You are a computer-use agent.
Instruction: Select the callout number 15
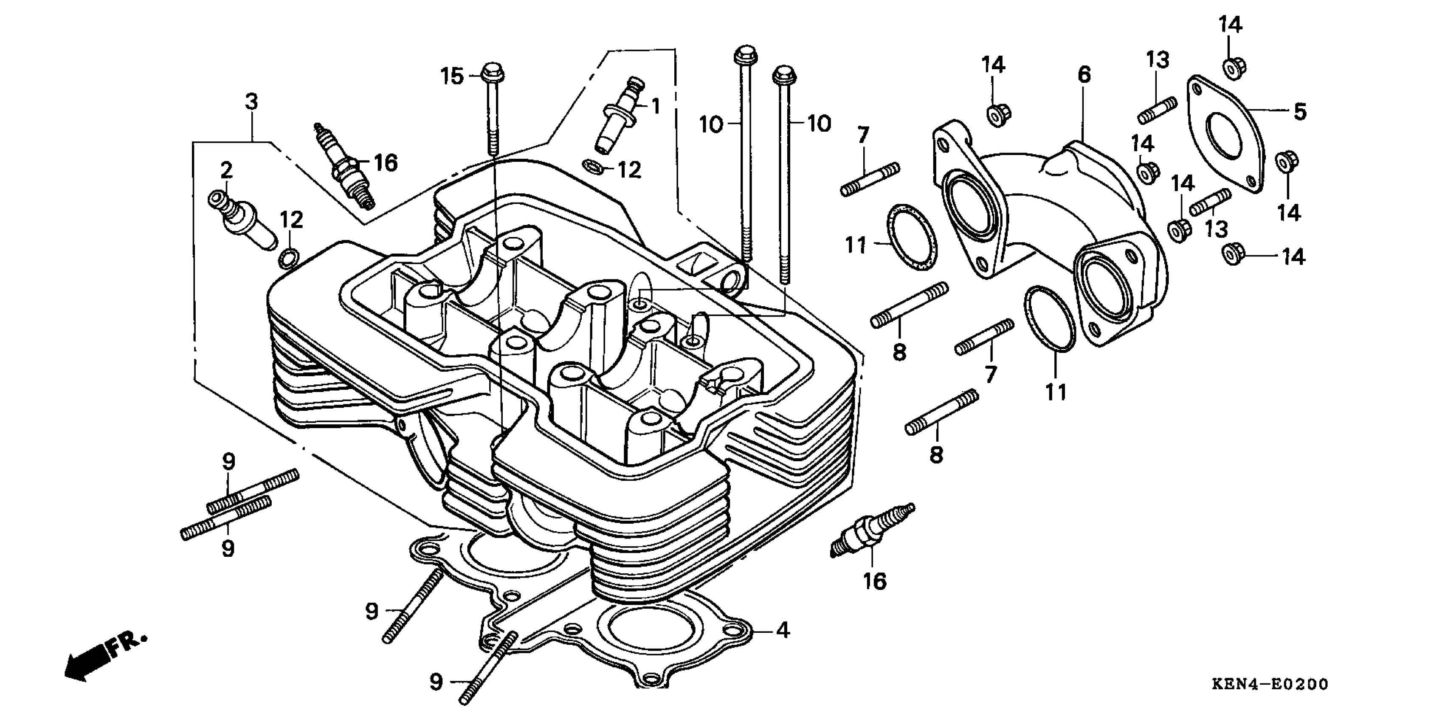coord(451,76)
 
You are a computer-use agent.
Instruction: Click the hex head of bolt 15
coord(493,72)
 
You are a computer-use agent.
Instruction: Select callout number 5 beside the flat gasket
coord(1300,111)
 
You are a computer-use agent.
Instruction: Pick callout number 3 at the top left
coord(251,102)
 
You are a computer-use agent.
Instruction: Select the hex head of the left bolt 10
coord(745,55)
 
